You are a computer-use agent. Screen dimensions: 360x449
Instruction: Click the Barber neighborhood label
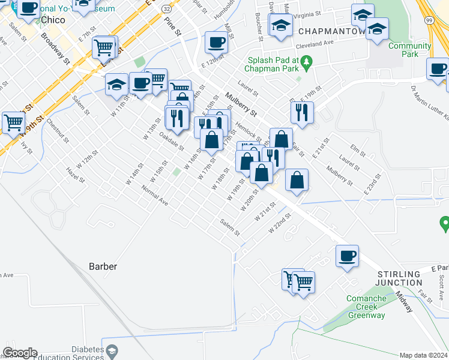(x=103, y=266)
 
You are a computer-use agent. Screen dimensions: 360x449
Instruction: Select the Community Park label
(x=410, y=50)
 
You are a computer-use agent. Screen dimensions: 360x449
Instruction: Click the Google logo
(x=20, y=352)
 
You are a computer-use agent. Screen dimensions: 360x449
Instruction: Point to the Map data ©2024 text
(x=423, y=355)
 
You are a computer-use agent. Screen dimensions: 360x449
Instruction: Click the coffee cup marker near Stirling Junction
(x=348, y=256)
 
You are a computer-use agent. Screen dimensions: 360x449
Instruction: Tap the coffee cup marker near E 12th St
(x=216, y=42)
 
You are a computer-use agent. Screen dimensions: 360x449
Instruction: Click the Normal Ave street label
(x=154, y=195)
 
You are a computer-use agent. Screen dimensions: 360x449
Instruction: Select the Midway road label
(x=404, y=302)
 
